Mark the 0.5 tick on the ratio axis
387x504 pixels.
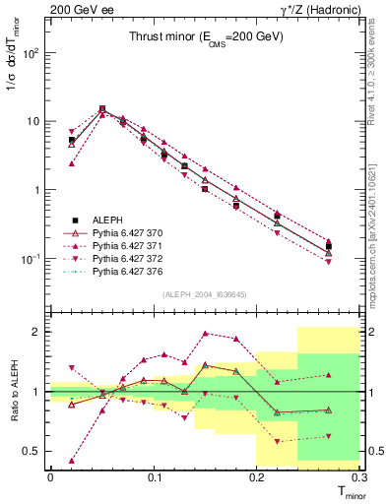(34, 451)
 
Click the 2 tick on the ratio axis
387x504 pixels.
(39, 332)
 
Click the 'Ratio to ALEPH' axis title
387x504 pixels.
(13, 391)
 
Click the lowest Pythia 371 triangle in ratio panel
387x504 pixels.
(71, 460)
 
